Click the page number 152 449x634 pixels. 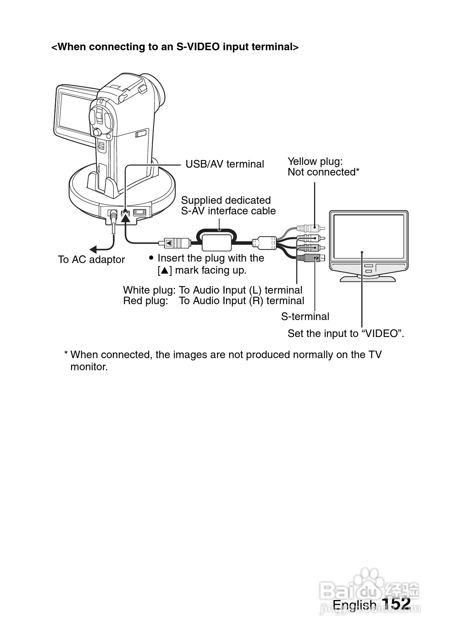coord(396,603)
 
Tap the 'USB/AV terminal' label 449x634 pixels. coord(224,164)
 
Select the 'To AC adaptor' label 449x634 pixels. coord(91,260)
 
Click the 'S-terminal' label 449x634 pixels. coord(305,316)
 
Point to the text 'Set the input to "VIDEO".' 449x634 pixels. coord(345,334)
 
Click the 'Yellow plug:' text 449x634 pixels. coord(315,162)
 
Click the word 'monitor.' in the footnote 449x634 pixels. coord(89,367)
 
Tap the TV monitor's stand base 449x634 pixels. coord(367,279)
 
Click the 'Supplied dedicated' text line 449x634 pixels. coord(226,200)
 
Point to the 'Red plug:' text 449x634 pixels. coord(146,301)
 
